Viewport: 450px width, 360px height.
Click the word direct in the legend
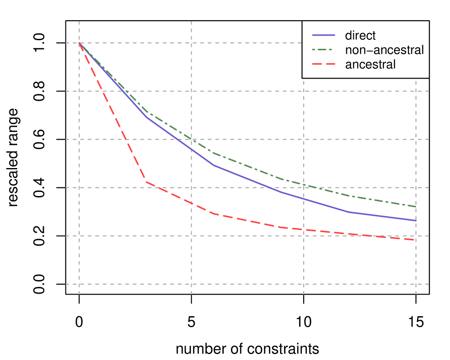click(x=360, y=35)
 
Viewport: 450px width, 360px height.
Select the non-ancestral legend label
click(x=384, y=50)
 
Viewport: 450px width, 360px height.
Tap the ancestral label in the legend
click(x=370, y=64)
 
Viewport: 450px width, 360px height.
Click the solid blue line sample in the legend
click(x=324, y=35)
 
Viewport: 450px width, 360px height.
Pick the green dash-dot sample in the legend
click(x=324, y=50)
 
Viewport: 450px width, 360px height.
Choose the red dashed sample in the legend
click(x=324, y=64)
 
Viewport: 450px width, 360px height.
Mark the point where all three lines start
click(x=80, y=43)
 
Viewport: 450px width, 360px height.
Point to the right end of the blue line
click(x=416, y=220)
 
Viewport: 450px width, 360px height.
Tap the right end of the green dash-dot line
click(x=416, y=206)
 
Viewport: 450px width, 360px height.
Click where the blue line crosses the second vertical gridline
click(x=192, y=149)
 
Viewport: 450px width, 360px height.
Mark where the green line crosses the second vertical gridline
click(x=192, y=139)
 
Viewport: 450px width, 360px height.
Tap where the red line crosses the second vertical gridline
click(x=192, y=203)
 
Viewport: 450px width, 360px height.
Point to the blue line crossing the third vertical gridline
click(x=304, y=199)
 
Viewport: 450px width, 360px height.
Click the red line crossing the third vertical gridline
click(x=304, y=230)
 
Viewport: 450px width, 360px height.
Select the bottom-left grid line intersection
click(x=80, y=284)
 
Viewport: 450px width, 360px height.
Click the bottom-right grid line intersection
click(x=416, y=284)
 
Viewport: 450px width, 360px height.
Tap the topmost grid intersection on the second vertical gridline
click(x=192, y=43)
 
